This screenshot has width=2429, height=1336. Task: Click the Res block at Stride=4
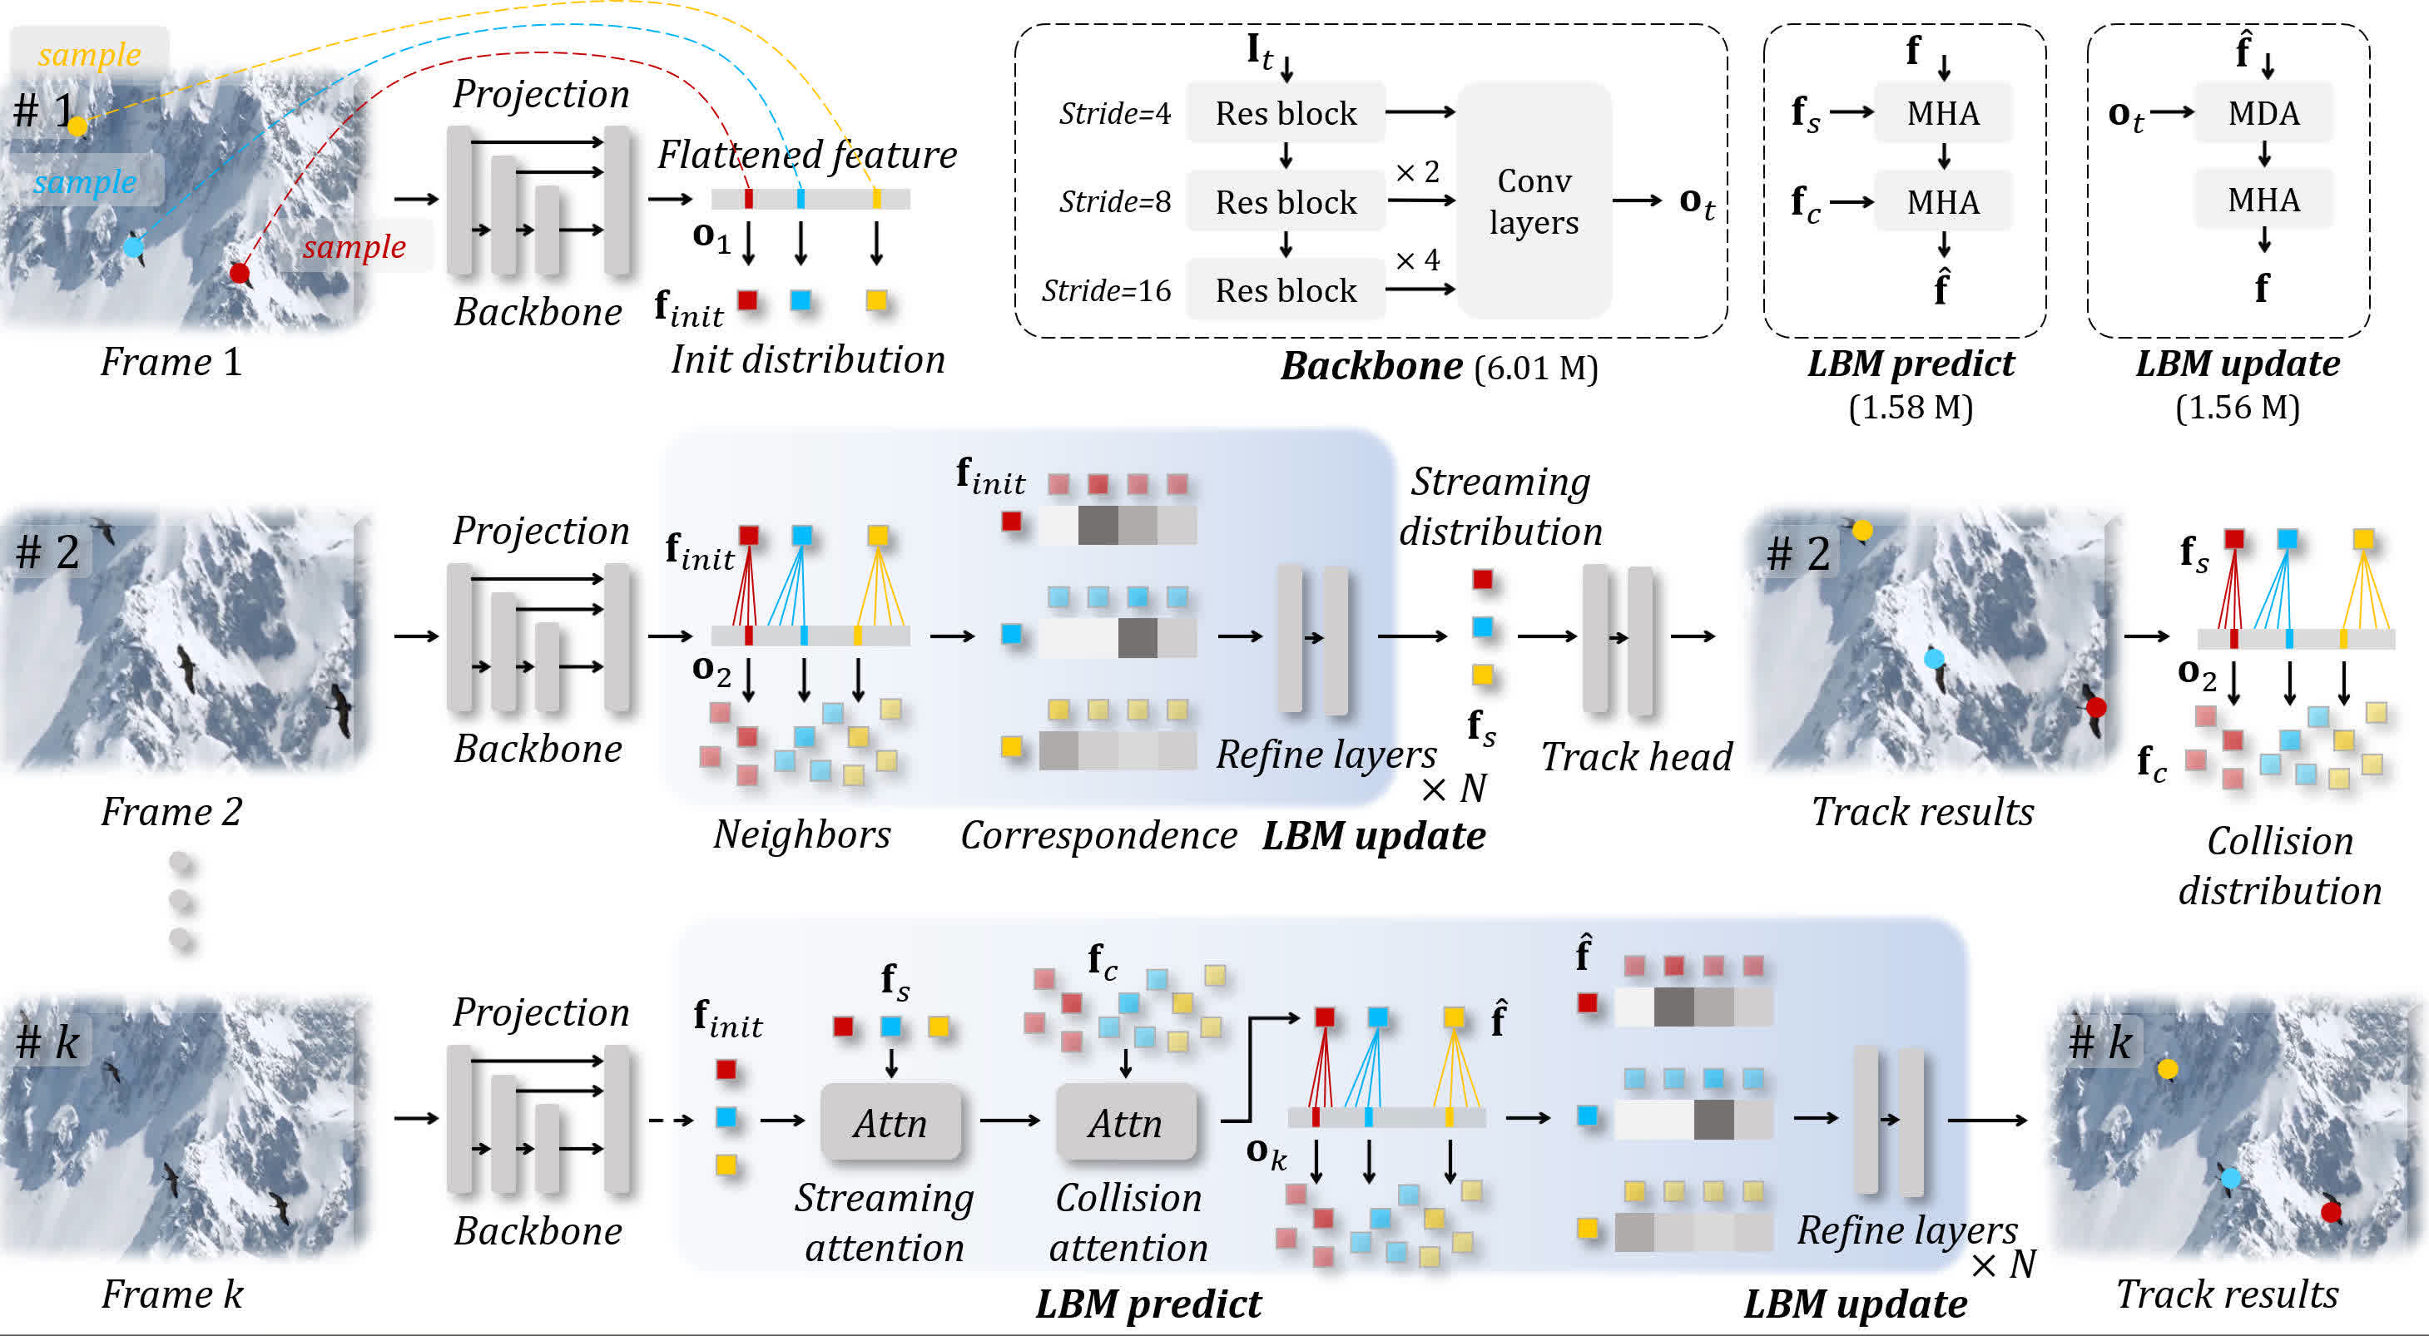click(1285, 113)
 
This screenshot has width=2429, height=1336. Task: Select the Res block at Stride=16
click(1285, 290)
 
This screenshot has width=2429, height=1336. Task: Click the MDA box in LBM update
click(2263, 113)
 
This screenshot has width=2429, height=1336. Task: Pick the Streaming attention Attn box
click(890, 1122)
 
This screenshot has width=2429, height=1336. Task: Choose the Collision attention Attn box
click(1125, 1122)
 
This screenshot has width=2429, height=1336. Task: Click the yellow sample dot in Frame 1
click(77, 126)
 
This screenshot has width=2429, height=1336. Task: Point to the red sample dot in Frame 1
click(240, 274)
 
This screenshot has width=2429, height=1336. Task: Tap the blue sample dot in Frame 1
click(134, 247)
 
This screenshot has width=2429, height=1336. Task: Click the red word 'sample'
click(354, 247)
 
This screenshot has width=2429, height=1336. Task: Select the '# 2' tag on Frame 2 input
click(47, 552)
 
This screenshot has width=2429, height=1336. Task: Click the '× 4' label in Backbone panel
click(1417, 260)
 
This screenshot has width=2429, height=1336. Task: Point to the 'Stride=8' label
click(1114, 202)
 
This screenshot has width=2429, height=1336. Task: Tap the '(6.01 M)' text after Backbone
click(1536, 368)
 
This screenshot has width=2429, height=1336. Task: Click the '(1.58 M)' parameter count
click(1911, 408)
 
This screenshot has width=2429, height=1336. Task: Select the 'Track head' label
click(1637, 757)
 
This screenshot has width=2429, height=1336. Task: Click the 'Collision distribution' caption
click(2279, 865)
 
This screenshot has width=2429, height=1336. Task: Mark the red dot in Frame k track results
click(2331, 1211)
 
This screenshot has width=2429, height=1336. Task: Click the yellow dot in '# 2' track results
click(1862, 531)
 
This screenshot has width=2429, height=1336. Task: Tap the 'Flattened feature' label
click(807, 155)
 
